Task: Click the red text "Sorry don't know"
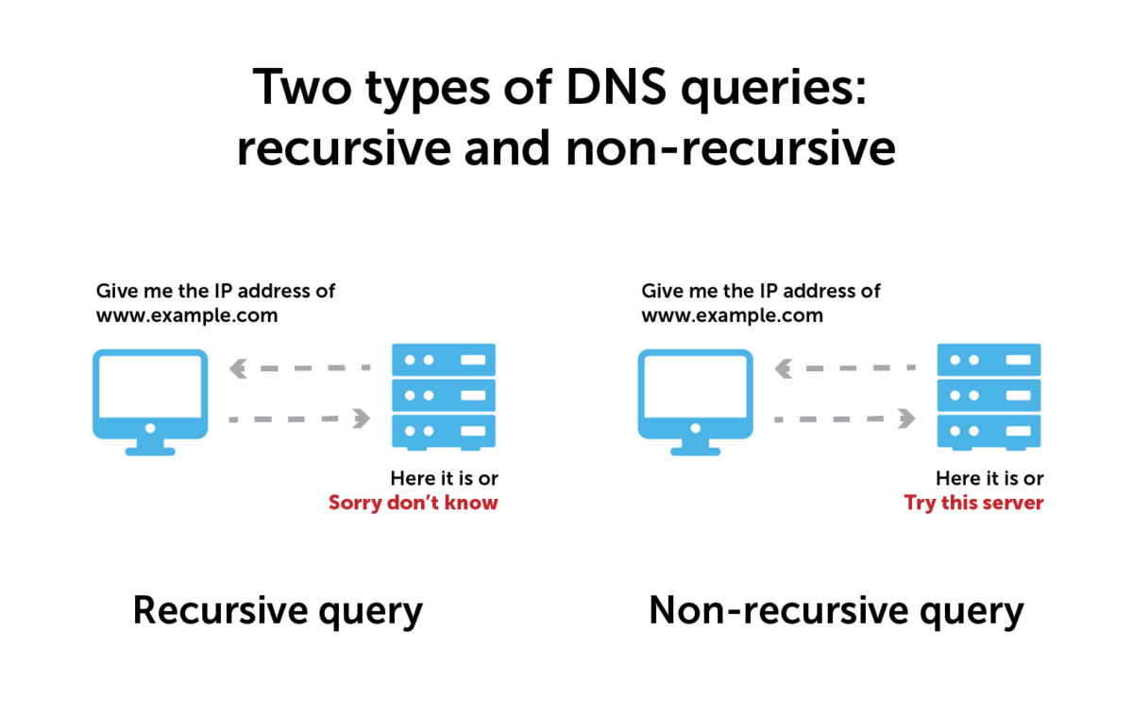click(x=413, y=503)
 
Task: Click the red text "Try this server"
click(x=973, y=503)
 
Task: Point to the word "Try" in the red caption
click(x=920, y=504)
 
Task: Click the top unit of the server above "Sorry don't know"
click(x=444, y=360)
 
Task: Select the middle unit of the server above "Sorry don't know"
click(x=444, y=395)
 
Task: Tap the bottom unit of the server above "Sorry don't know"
click(x=444, y=430)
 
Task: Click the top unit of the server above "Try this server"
click(x=989, y=360)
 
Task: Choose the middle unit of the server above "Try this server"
click(x=989, y=395)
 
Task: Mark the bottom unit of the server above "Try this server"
click(x=989, y=430)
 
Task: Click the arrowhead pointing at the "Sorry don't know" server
click(x=361, y=418)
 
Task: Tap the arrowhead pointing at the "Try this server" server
click(x=905, y=418)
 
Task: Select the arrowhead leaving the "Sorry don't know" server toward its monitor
click(x=238, y=368)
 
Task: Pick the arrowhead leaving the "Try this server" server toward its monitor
click(x=783, y=368)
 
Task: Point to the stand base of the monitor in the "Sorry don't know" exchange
click(x=150, y=452)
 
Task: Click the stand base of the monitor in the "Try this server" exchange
click(x=696, y=452)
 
